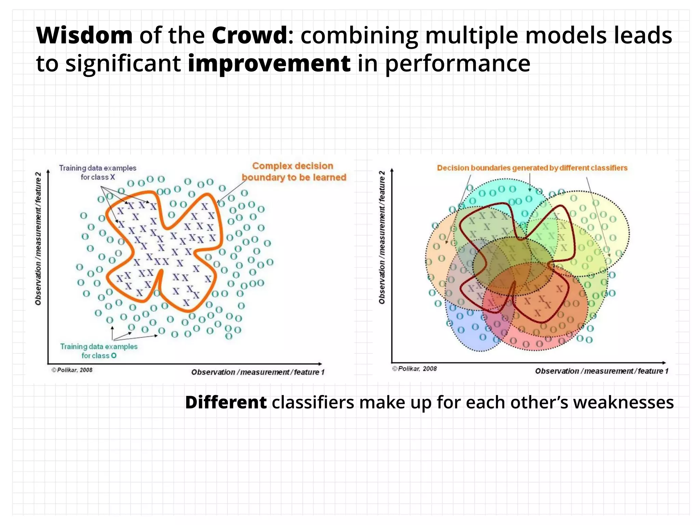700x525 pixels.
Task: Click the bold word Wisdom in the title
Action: coord(84,36)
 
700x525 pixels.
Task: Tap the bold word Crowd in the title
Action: coord(249,36)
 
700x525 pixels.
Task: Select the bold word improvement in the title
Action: coord(269,64)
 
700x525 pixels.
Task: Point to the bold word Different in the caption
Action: coord(226,402)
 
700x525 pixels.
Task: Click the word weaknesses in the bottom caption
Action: coord(623,402)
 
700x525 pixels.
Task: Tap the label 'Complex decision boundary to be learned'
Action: coord(293,172)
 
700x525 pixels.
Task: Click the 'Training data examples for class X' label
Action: coord(97,172)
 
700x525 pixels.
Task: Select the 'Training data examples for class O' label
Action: coord(99,351)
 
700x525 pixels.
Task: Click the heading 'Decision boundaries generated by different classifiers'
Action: coord(532,168)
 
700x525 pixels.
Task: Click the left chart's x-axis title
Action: coord(257,372)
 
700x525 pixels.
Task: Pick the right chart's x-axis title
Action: coord(601,371)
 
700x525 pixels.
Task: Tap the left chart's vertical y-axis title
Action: coord(38,239)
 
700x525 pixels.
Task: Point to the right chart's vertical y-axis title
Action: coord(382,238)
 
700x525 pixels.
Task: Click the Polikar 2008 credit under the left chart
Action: coord(72,370)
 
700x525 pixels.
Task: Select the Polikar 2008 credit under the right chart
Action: coord(415,369)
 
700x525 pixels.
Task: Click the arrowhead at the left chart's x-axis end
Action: coord(320,364)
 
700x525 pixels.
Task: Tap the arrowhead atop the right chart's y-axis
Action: coord(392,170)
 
